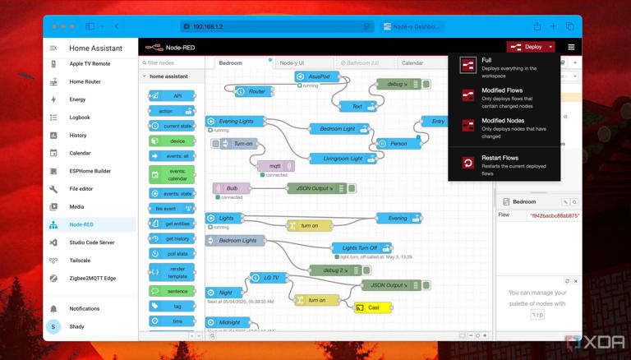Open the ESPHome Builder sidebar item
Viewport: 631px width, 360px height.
[90, 171]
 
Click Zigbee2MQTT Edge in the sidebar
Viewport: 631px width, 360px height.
[93, 278]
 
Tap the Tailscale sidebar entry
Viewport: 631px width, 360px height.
[81, 261]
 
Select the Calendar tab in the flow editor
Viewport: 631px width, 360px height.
[412, 62]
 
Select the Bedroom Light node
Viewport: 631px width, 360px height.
[340, 128]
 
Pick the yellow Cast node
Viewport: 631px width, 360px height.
[373, 307]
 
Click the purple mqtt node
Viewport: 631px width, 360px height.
[276, 166]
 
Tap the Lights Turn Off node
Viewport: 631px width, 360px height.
[362, 247]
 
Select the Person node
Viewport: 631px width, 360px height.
[398, 143]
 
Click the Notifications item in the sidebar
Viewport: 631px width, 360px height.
[84, 309]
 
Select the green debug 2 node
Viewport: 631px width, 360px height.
[334, 270]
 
